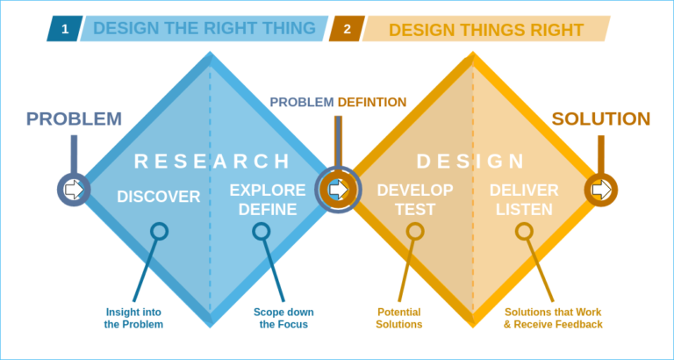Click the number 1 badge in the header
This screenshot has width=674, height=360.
point(64,28)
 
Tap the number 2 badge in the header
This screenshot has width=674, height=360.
point(347,29)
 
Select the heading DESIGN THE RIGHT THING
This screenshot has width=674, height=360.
point(204,28)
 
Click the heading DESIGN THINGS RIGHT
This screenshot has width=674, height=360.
point(485,30)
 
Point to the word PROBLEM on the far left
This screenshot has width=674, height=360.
point(74,119)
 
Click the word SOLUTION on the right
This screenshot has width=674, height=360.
point(601,119)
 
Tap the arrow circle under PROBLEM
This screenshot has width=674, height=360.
point(74,189)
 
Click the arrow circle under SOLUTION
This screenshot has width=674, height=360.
point(601,189)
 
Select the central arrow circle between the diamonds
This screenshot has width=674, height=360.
point(337,189)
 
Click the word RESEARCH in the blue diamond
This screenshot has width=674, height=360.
point(212,161)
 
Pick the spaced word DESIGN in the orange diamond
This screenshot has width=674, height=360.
point(470,161)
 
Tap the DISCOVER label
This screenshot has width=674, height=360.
point(159,197)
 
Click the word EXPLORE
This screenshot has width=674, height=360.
point(268,190)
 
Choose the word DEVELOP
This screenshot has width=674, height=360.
point(415,190)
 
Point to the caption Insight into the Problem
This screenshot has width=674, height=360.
point(134,318)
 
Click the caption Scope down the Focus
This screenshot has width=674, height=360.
point(283,318)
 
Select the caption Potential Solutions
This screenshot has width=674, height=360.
point(399,318)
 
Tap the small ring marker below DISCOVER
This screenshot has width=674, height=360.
point(159,232)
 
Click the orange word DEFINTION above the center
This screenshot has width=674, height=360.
point(372,102)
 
